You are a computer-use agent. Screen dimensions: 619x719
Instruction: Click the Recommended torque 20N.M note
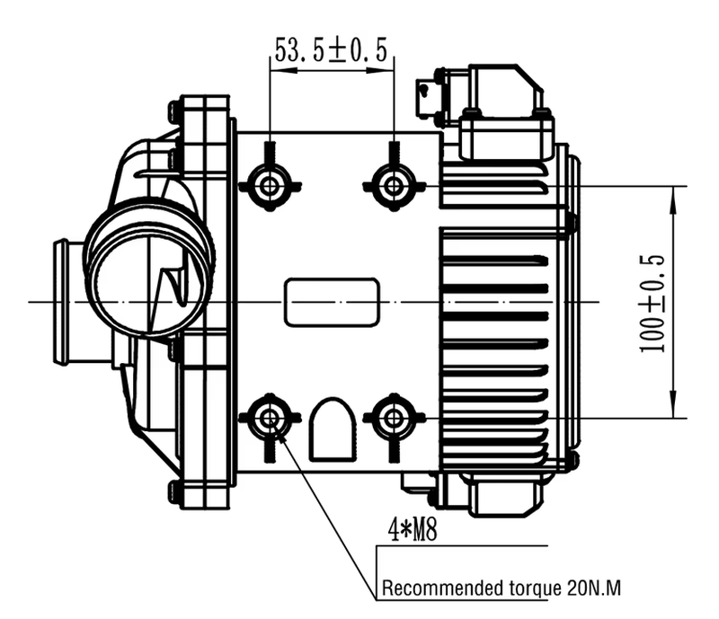tap(502, 589)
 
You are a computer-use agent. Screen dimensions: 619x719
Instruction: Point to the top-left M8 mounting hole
tap(269, 185)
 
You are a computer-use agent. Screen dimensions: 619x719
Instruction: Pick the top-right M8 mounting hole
tap(393, 185)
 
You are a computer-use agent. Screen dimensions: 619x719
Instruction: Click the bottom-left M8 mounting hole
tap(269, 418)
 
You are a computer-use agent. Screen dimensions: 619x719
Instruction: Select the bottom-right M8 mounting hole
tap(393, 418)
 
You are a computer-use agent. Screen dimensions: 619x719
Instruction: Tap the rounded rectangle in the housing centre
tap(332, 302)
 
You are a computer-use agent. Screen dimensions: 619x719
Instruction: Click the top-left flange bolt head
tap(175, 112)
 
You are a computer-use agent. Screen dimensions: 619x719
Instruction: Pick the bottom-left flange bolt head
tap(175, 491)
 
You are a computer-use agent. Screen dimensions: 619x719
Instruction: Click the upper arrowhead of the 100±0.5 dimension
tap(673, 192)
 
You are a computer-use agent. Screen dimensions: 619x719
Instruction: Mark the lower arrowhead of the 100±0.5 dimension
tap(673, 411)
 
